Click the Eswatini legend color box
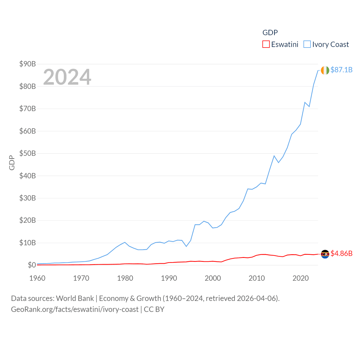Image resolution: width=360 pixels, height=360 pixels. (x=266, y=44)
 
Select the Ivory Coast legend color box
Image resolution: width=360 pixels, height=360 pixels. (x=307, y=44)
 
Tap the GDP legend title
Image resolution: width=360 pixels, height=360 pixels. (x=270, y=33)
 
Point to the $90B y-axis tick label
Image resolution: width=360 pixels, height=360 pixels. (x=28, y=64)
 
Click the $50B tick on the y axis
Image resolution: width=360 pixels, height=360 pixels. (x=28, y=153)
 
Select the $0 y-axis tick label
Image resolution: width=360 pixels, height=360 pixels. (x=32, y=265)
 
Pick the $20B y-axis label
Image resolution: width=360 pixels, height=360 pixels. (x=28, y=220)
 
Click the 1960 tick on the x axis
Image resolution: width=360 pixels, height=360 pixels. (x=37, y=278)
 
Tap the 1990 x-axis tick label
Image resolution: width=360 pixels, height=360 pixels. (x=169, y=278)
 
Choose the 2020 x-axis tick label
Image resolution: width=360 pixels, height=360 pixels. (x=301, y=278)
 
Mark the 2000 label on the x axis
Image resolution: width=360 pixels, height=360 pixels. (x=213, y=278)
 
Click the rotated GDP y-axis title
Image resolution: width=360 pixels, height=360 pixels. (x=12, y=163)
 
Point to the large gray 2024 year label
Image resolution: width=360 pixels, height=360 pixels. (x=67, y=77)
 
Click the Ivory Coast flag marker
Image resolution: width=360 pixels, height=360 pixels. (x=325, y=70)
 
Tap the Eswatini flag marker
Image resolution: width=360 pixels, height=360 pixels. (x=325, y=254)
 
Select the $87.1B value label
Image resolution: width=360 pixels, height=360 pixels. (x=341, y=70)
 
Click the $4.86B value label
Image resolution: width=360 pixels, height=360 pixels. (x=341, y=253)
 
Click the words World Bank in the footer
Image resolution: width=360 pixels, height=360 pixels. (x=75, y=298)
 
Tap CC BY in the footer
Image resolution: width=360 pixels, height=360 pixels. (x=154, y=309)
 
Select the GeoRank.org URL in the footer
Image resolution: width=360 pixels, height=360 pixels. (x=75, y=309)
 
